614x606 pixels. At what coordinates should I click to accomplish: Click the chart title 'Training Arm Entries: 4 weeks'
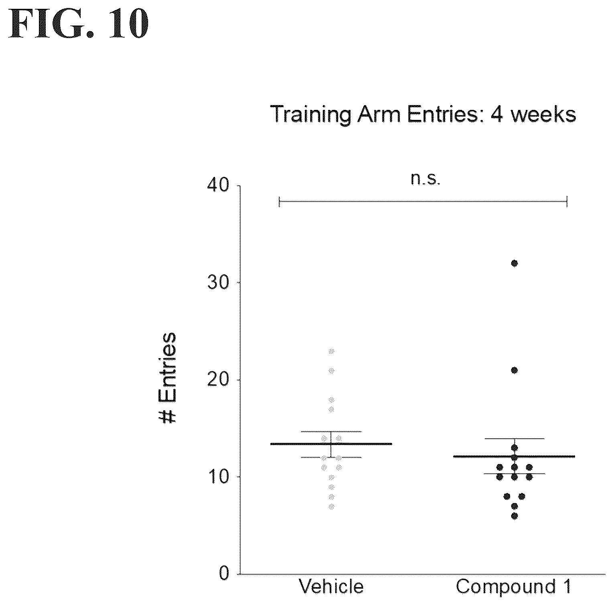pos(423,114)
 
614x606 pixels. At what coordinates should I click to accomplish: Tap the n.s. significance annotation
pos(425,179)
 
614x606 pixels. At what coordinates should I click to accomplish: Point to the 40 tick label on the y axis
pos(218,186)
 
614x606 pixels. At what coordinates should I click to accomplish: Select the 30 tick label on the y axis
pos(218,283)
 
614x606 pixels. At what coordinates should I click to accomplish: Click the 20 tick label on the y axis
pos(218,380)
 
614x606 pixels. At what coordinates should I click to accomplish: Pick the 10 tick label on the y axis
pos(218,476)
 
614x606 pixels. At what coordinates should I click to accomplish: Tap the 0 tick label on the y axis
pos(224,574)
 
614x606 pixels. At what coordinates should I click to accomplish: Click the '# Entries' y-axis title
pos(166,378)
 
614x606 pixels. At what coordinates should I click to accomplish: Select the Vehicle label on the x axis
pos(331,587)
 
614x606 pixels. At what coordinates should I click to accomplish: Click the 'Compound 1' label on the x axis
pos(513,587)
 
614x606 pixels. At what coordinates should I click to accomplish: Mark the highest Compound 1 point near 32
pos(514,263)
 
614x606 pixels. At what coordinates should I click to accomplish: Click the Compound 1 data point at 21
pos(514,370)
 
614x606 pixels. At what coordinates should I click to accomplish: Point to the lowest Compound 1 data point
pos(514,516)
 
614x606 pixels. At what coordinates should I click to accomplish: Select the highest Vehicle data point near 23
pos(331,351)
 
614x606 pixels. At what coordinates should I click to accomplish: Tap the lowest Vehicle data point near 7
pos(331,507)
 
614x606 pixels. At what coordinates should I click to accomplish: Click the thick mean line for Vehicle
pos(331,444)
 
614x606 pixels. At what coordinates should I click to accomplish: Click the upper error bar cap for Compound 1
pos(514,439)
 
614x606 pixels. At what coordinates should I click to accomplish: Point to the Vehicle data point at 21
pos(331,371)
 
